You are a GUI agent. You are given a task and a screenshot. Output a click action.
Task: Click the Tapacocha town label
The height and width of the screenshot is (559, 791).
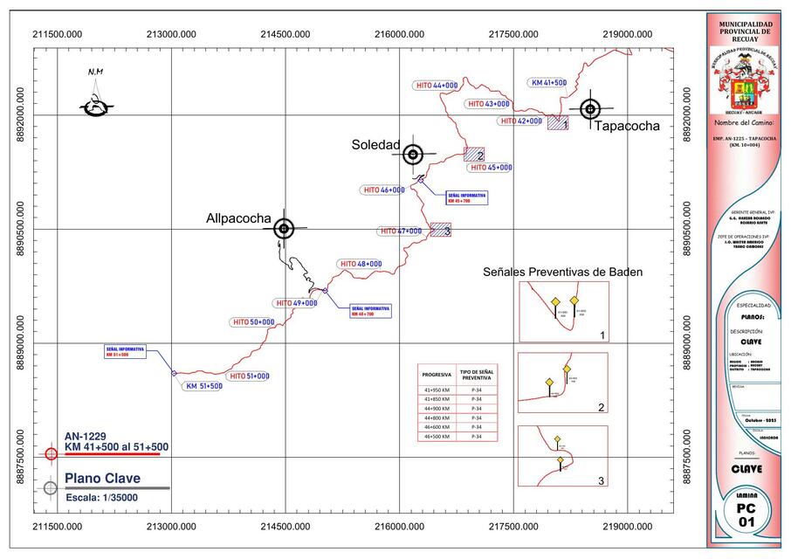pos(627,126)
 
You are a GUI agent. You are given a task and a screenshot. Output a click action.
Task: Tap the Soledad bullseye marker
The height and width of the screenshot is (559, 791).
pos(413,155)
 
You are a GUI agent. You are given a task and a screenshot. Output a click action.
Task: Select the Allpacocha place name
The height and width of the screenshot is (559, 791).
pos(238,218)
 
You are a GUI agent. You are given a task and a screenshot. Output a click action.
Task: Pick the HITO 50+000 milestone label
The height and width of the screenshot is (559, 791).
pos(253,322)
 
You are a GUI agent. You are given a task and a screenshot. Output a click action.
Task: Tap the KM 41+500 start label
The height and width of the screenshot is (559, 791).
pos(549,83)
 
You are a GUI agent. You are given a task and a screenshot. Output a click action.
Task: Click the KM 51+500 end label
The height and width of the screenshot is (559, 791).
pos(203,385)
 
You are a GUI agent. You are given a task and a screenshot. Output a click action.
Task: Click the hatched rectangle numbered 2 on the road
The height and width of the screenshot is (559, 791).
pos(473,154)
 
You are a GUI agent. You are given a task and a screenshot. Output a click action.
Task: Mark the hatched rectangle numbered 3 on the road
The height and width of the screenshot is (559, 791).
pos(440,230)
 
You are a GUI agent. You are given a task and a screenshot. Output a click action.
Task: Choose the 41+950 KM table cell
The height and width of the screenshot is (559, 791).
pos(437,390)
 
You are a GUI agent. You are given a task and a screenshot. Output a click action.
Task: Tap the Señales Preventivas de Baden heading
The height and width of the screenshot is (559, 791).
pos(562,273)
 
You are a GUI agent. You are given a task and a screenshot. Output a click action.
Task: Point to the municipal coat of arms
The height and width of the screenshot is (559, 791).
pos(744,84)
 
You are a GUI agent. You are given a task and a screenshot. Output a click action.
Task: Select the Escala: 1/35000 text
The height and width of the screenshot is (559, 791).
pos(101,497)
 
